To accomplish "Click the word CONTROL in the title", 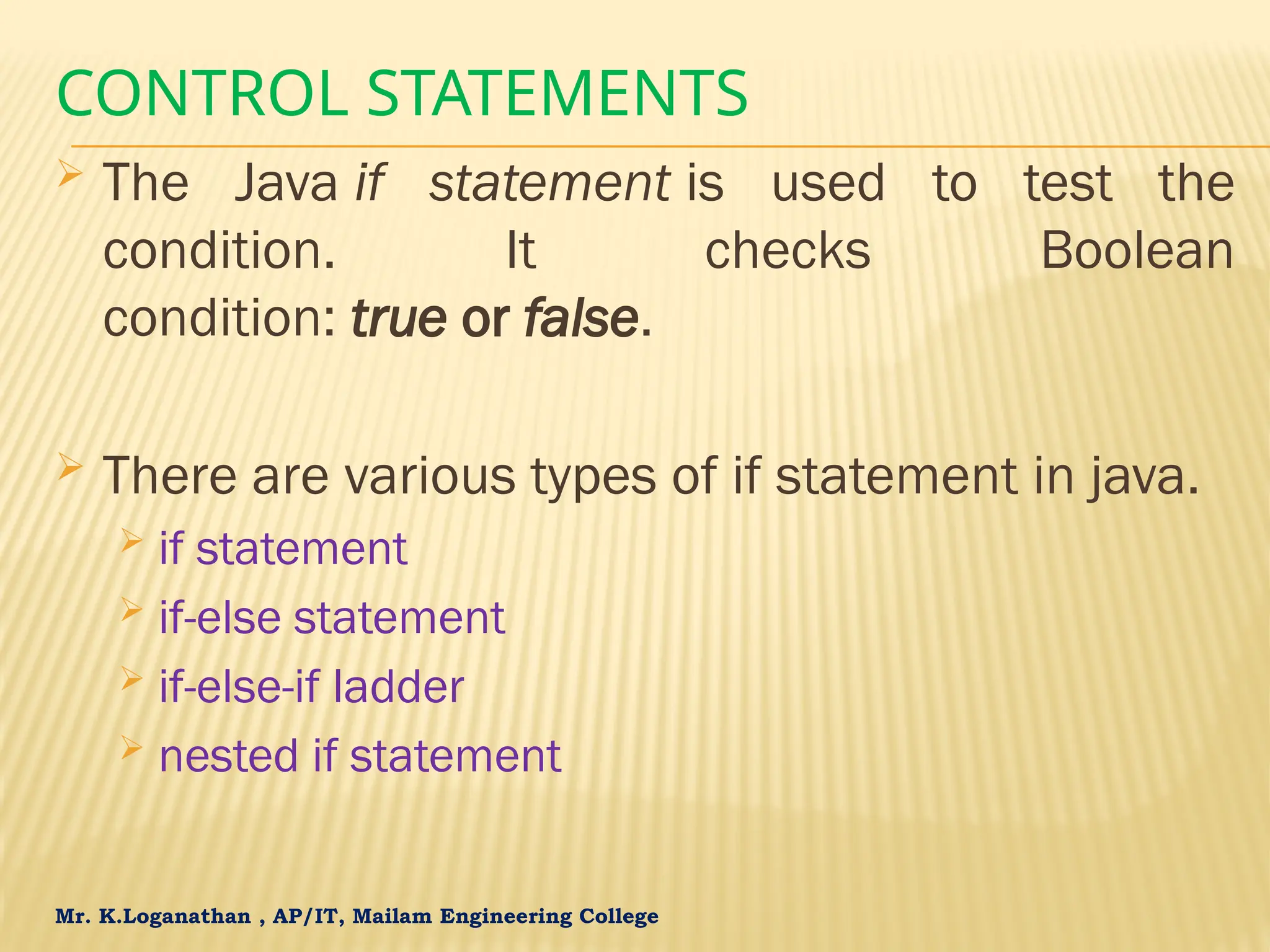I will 202,94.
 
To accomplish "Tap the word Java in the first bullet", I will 285,183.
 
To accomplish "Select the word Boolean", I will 1137,251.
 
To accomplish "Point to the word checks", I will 788,251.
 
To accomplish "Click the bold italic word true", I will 399,319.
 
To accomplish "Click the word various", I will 429,476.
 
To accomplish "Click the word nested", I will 229,756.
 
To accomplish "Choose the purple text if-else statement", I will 332,618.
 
